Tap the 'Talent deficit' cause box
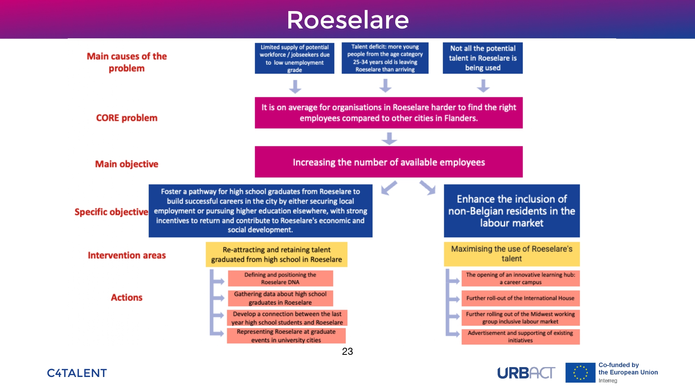pyautogui.click(x=385, y=58)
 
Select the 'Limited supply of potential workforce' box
pyautogui.click(x=294, y=58)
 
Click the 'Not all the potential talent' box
pyautogui.click(x=482, y=58)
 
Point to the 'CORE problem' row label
pyautogui.click(x=127, y=118)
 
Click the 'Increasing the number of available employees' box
pyautogui.click(x=388, y=162)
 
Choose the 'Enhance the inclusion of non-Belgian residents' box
pyautogui.click(x=512, y=211)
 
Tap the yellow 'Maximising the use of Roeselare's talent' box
pyautogui.click(x=512, y=254)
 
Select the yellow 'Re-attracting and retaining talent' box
pyautogui.click(x=276, y=254)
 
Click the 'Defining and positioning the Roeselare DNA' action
pyautogui.click(x=280, y=278)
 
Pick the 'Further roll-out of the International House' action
pyautogui.click(x=520, y=298)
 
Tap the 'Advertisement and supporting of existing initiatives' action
pyautogui.click(x=520, y=337)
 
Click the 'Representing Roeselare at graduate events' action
pyautogui.click(x=286, y=336)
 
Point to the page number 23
pyautogui.click(x=347, y=351)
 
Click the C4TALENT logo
pyautogui.click(x=77, y=373)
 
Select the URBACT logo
pyautogui.click(x=526, y=373)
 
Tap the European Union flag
pyautogui.click(x=580, y=373)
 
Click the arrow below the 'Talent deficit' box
pyautogui.click(x=385, y=85)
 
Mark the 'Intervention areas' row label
pyautogui.click(x=127, y=256)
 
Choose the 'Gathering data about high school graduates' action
pyautogui.click(x=280, y=298)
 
